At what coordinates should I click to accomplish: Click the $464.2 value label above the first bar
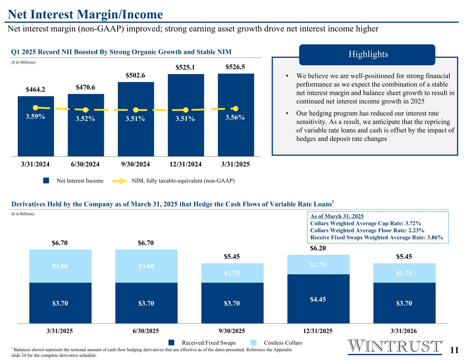tap(36, 90)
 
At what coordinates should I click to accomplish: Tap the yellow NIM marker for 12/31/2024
tap(186, 110)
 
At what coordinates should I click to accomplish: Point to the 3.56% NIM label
tap(235, 117)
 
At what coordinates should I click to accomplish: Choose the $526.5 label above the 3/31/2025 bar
tap(235, 67)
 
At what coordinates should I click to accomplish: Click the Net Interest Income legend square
tap(46, 181)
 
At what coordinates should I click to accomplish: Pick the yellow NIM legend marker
tap(121, 181)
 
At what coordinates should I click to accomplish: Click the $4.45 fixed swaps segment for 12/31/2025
tap(318, 299)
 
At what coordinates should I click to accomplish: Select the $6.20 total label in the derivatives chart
tap(318, 248)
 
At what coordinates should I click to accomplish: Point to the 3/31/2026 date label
tap(404, 331)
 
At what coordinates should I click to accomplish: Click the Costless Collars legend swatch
tap(254, 343)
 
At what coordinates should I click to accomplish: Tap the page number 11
tap(454, 350)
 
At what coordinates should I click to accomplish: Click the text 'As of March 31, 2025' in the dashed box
tap(337, 216)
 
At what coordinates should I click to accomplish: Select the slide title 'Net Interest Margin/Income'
tap(85, 14)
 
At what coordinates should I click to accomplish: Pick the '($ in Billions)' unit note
tap(23, 214)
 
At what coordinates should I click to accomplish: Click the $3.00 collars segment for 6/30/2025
tap(146, 266)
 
